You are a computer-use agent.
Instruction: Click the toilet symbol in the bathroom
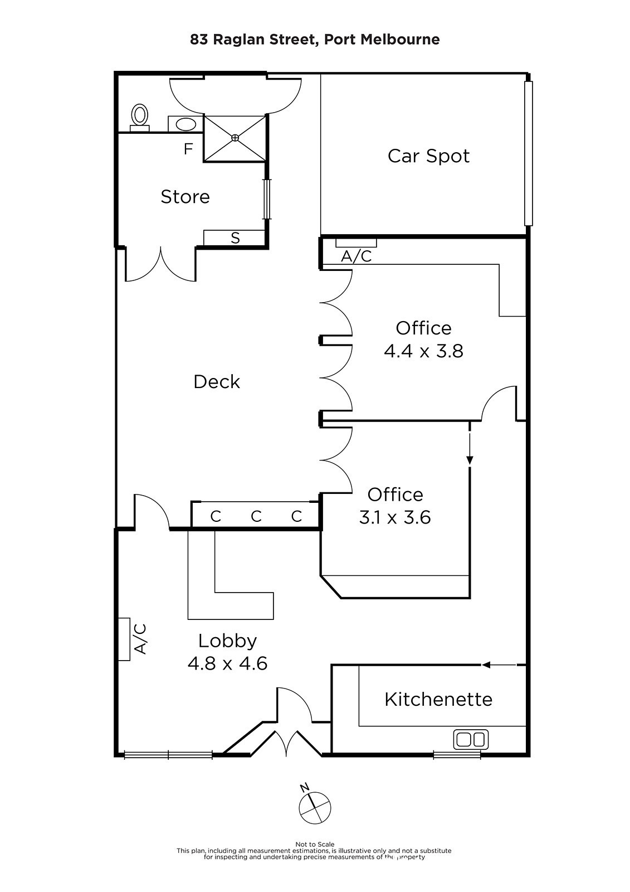pyautogui.click(x=139, y=118)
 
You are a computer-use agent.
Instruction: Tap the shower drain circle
pyautogui.click(x=235, y=138)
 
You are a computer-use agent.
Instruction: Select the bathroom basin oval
pyautogui.click(x=185, y=124)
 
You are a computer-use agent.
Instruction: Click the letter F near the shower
pyautogui.click(x=188, y=149)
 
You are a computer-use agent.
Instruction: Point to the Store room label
pyautogui.click(x=185, y=197)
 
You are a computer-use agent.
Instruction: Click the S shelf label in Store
pyautogui.click(x=235, y=238)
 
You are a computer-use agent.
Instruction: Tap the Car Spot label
pyautogui.click(x=428, y=156)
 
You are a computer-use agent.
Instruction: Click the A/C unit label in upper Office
pyautogui.click(x=356, y=256)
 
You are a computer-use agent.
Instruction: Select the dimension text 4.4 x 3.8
pyautogui.click(x=423, y=352)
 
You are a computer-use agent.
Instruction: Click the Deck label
pyautogui.click(x=217, y=382)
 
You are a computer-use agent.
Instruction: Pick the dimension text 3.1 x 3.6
pyautogui.click(x=395, y=518)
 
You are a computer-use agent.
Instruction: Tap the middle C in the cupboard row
pyautogui.click(x=256, y=516)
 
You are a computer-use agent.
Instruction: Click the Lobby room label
pyautogui.click(x=227, y=641)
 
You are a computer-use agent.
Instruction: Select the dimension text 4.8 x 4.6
pyautogui.click(x=227, y=664)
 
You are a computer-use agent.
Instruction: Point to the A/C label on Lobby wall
pyautogui.click(x=140, y=639)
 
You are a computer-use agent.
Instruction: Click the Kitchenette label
pyautogui.click(x=438, y=699)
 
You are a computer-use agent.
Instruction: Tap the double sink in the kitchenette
pyautogui.click(x=471, y=739)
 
